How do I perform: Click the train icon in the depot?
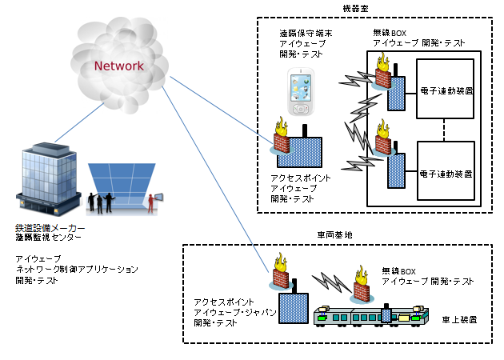coord(369,316)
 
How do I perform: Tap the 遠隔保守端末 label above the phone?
coord(303,34)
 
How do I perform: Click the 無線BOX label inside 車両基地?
coord(399,271)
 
